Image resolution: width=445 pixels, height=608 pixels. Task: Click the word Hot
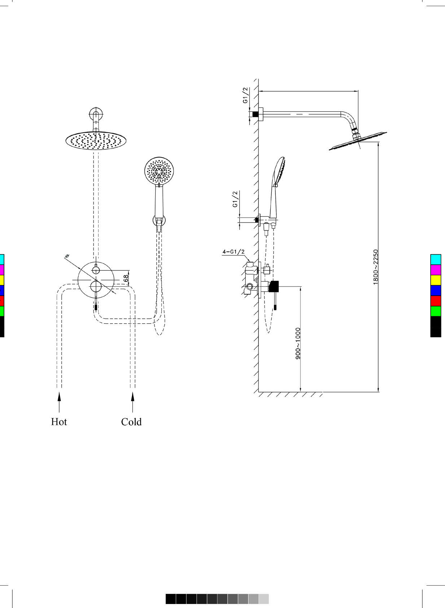click(59, 422)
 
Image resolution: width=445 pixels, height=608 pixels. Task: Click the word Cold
click(131, 422)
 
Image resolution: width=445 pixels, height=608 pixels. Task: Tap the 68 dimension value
click(126, 278)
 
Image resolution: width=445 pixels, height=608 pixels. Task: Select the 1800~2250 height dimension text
click(375, 267)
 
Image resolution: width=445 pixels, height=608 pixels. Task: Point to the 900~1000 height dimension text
click(298, 343)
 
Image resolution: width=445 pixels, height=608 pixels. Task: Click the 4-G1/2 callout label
click(234, 252)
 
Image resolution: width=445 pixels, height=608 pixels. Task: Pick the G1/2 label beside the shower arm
click(245, 95)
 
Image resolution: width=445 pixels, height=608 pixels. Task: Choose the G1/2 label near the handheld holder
click(235, 199)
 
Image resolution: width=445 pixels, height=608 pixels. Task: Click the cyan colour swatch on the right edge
click(436, 260)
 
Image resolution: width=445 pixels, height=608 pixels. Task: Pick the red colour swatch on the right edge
click(436, 301)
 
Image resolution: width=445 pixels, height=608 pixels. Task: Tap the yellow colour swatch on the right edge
click(436, 280)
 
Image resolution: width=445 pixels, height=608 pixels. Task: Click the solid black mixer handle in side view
click(274, 286)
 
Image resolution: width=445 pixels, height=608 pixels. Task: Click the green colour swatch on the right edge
click(436, 311)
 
